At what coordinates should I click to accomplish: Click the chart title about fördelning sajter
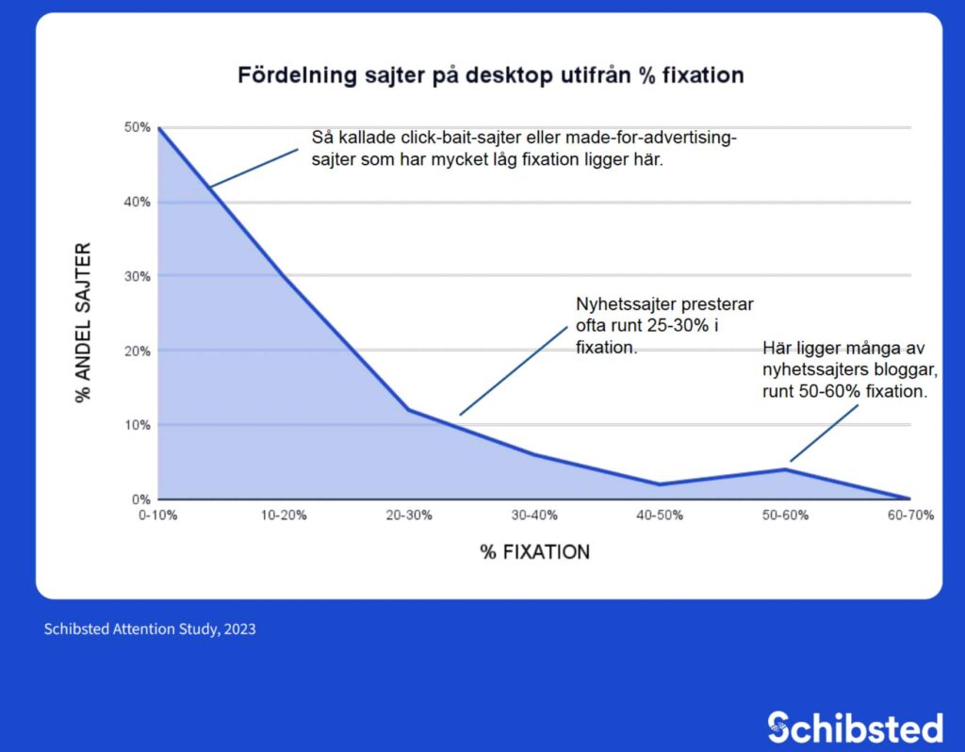(490, 74)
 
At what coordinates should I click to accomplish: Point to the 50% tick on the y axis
(137, 127)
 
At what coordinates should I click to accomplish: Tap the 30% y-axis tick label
(137, 276)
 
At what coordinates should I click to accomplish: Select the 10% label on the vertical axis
(137, 425)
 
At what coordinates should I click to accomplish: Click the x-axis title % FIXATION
(534, 552)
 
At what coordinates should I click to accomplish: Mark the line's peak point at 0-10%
(159, 128)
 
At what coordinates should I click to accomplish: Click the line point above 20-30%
(409, 409)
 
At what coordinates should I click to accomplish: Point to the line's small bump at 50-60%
(784, 469)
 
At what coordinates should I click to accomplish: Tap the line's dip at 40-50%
(660, 484)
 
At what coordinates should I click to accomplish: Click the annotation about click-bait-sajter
(524, 149)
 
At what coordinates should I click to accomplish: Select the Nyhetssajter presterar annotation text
(664, 326)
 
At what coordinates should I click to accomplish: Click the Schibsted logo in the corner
(855, 727)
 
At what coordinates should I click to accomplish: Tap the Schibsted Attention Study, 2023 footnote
(150, 629)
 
